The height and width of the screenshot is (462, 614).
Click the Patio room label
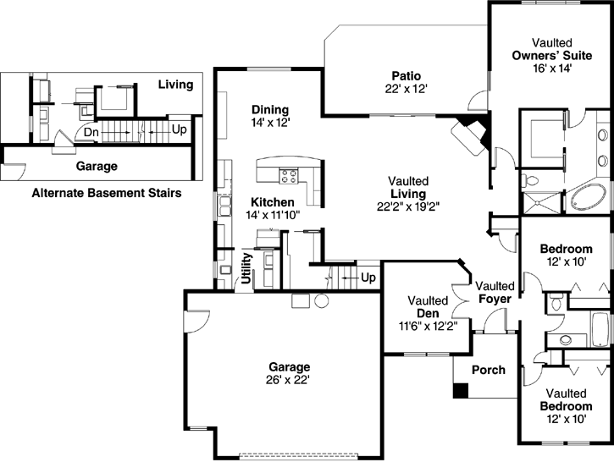point(402,74)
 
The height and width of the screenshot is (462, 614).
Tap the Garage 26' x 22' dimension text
point(290,380)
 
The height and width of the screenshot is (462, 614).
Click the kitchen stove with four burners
point(288,177)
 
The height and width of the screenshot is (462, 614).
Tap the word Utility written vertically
point(247,268)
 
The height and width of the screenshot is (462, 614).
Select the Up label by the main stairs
point(368,277)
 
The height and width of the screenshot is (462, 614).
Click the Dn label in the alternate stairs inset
point(91,132)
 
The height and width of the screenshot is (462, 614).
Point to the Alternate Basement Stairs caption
point(106,193)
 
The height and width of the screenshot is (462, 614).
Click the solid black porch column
point(460,391)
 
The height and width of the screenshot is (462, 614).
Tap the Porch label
point(488,370)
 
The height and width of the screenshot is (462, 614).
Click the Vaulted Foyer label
point(495,292)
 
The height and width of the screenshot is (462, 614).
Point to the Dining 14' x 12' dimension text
point(270,123)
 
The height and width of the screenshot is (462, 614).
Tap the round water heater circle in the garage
point(321,302)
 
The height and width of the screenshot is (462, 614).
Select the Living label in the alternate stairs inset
point(175,85)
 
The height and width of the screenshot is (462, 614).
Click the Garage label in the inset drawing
point(97,167)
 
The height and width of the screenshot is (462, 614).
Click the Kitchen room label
point(272,202)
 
